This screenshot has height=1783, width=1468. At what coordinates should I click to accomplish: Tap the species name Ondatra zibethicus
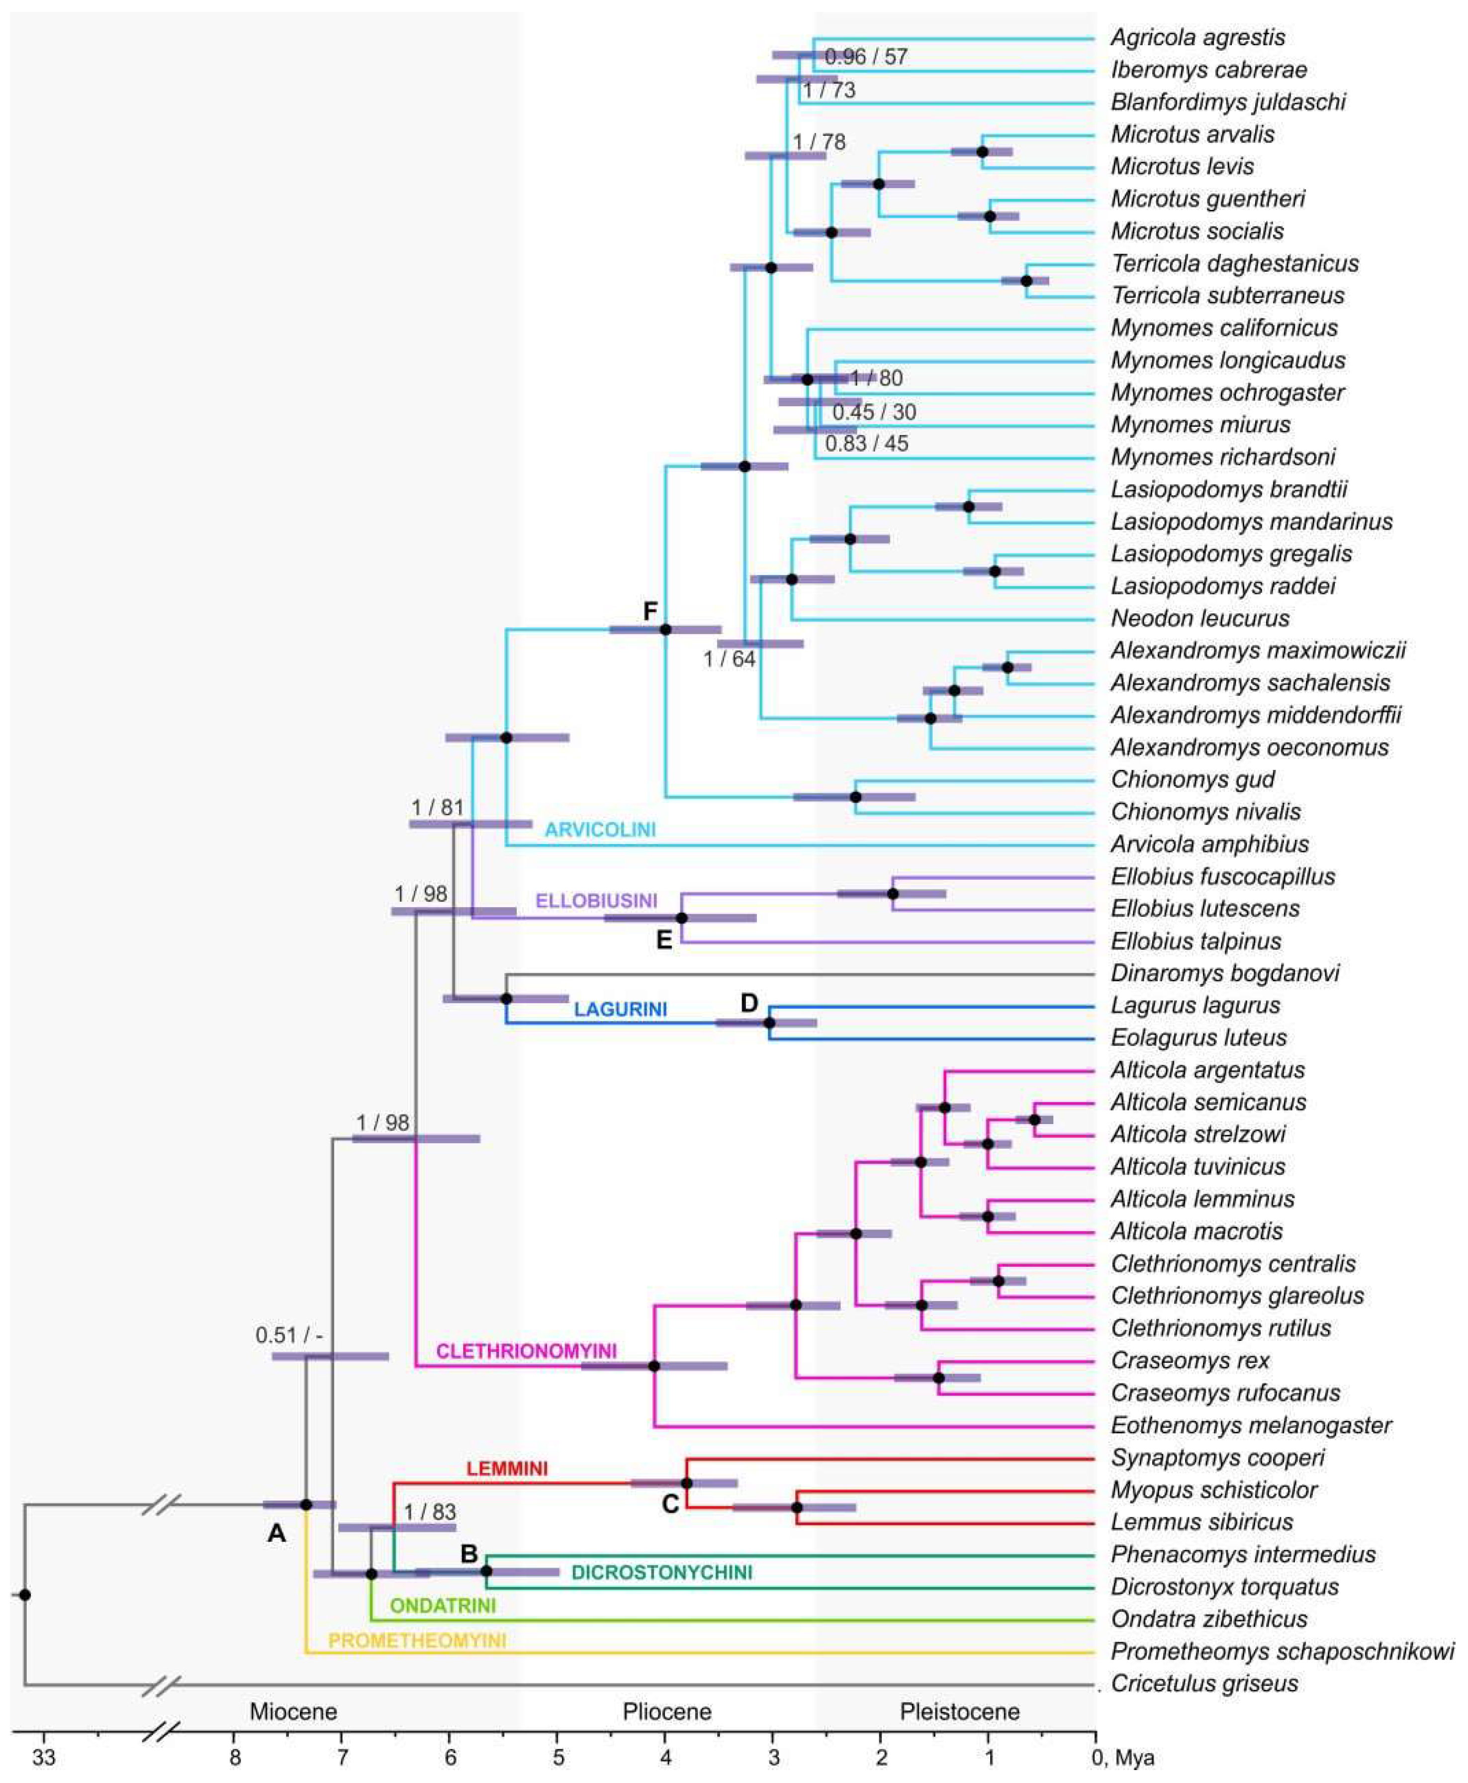tap(1209, 1619)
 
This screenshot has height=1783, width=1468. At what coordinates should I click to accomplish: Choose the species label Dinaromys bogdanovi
tap(1224, 973)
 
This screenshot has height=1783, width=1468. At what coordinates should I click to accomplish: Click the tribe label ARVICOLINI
tap(600, 829)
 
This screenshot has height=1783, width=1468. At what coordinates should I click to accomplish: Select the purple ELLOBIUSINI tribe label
tap(596, 900)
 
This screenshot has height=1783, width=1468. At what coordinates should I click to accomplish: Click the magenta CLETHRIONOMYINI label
tap(526, 1351)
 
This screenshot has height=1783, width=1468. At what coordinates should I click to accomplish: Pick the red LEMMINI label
tap(507, 1468)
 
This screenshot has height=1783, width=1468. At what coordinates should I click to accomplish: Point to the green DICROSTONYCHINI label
tap(661, 1573)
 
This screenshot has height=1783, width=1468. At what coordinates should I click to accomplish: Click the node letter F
tap(649, 611)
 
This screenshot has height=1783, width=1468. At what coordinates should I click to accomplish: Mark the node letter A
tap(276, 1533)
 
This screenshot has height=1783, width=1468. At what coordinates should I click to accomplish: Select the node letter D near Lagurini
tap(749, 1003)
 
